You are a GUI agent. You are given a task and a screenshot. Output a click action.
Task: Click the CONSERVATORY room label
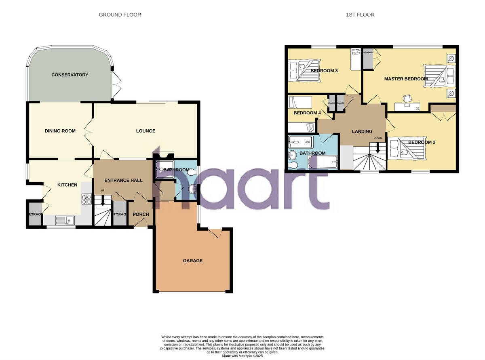coord(70,75)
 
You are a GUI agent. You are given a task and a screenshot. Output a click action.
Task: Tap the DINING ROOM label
coord(60,131)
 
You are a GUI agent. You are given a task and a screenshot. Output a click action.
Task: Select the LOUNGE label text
coord(145,131)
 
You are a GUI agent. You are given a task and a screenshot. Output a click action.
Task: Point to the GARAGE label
coord(193,261)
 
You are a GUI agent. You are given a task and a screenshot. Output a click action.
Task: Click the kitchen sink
coord(65,220)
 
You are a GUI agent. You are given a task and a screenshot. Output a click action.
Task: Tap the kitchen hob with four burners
coord(87,199)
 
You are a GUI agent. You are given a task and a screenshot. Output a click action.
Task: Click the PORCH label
coord(141,214)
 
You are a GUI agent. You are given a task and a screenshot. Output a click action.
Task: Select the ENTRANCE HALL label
coord(123,180)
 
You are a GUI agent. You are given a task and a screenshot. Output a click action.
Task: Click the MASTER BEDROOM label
coord(405,79)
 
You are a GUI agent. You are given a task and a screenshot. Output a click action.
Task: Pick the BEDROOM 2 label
coord(422,142)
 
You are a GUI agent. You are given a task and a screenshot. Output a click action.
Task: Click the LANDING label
coord(362,131)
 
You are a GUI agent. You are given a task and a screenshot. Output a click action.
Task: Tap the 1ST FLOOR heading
coord(360,15)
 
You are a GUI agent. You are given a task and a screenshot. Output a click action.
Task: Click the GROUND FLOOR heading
coord(120,15)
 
